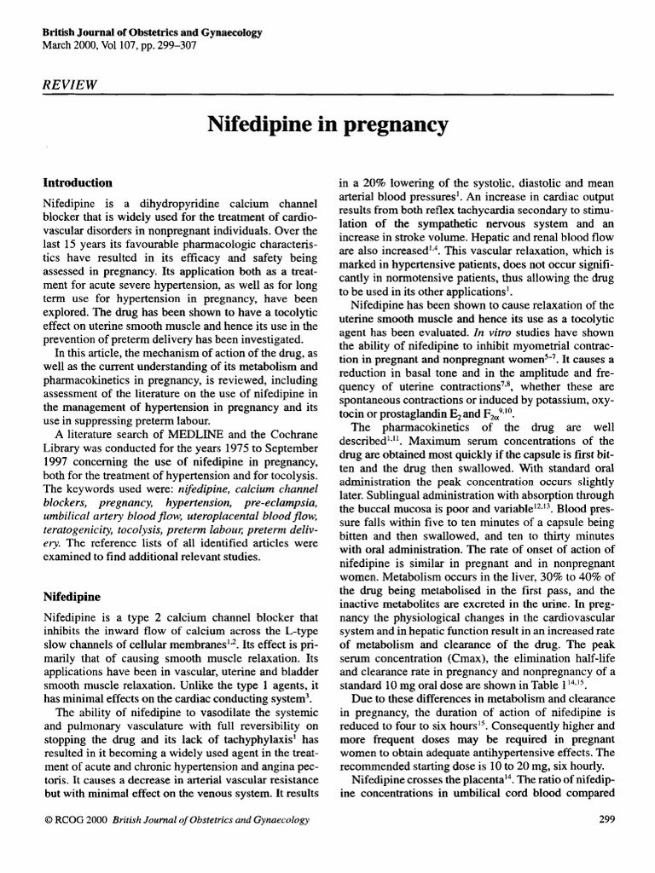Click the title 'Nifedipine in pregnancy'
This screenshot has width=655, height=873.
point(327,125)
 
